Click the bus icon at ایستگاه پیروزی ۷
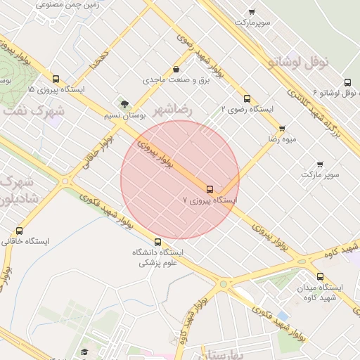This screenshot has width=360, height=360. point(210,188)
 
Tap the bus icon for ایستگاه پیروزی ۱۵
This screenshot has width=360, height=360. point(56,79)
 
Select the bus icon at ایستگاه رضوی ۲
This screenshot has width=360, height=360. point(246,98)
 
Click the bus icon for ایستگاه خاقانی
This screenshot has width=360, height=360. point(19,231)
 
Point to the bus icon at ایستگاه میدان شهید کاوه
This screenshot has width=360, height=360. point(321,276)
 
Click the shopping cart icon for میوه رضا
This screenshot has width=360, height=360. point(282,129)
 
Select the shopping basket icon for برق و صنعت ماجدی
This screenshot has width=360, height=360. point(175,70)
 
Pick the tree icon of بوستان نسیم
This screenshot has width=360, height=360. point(124,104)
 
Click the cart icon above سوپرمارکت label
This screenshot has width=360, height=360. point(252,12)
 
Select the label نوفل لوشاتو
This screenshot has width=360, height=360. point(298,63)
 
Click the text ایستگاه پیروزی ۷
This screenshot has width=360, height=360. point(211,200)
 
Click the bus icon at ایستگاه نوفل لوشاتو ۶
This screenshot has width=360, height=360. point(348,82)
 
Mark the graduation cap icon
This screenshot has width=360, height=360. point(84,352)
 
